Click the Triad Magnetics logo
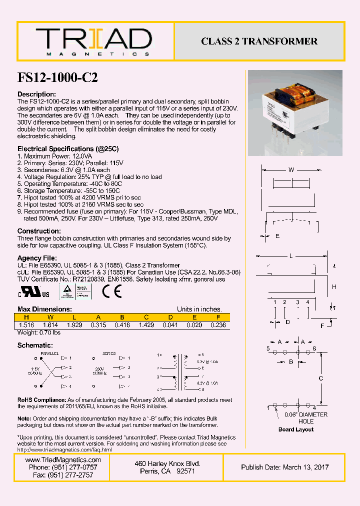[x=93, y=41]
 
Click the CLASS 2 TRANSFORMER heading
[x=259, y=41]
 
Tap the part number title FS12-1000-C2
[x=57, y=77]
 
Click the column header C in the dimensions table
[x=146, y=317]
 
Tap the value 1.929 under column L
[x=74, y=324]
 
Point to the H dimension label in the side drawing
[x=334, y=286]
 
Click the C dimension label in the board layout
[x=320, y=378]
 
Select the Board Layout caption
[x=296, y=429]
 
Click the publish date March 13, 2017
[x=285, y=467]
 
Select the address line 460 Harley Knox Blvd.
[x=167, y=463]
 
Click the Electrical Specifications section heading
[x=68, y=148]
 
